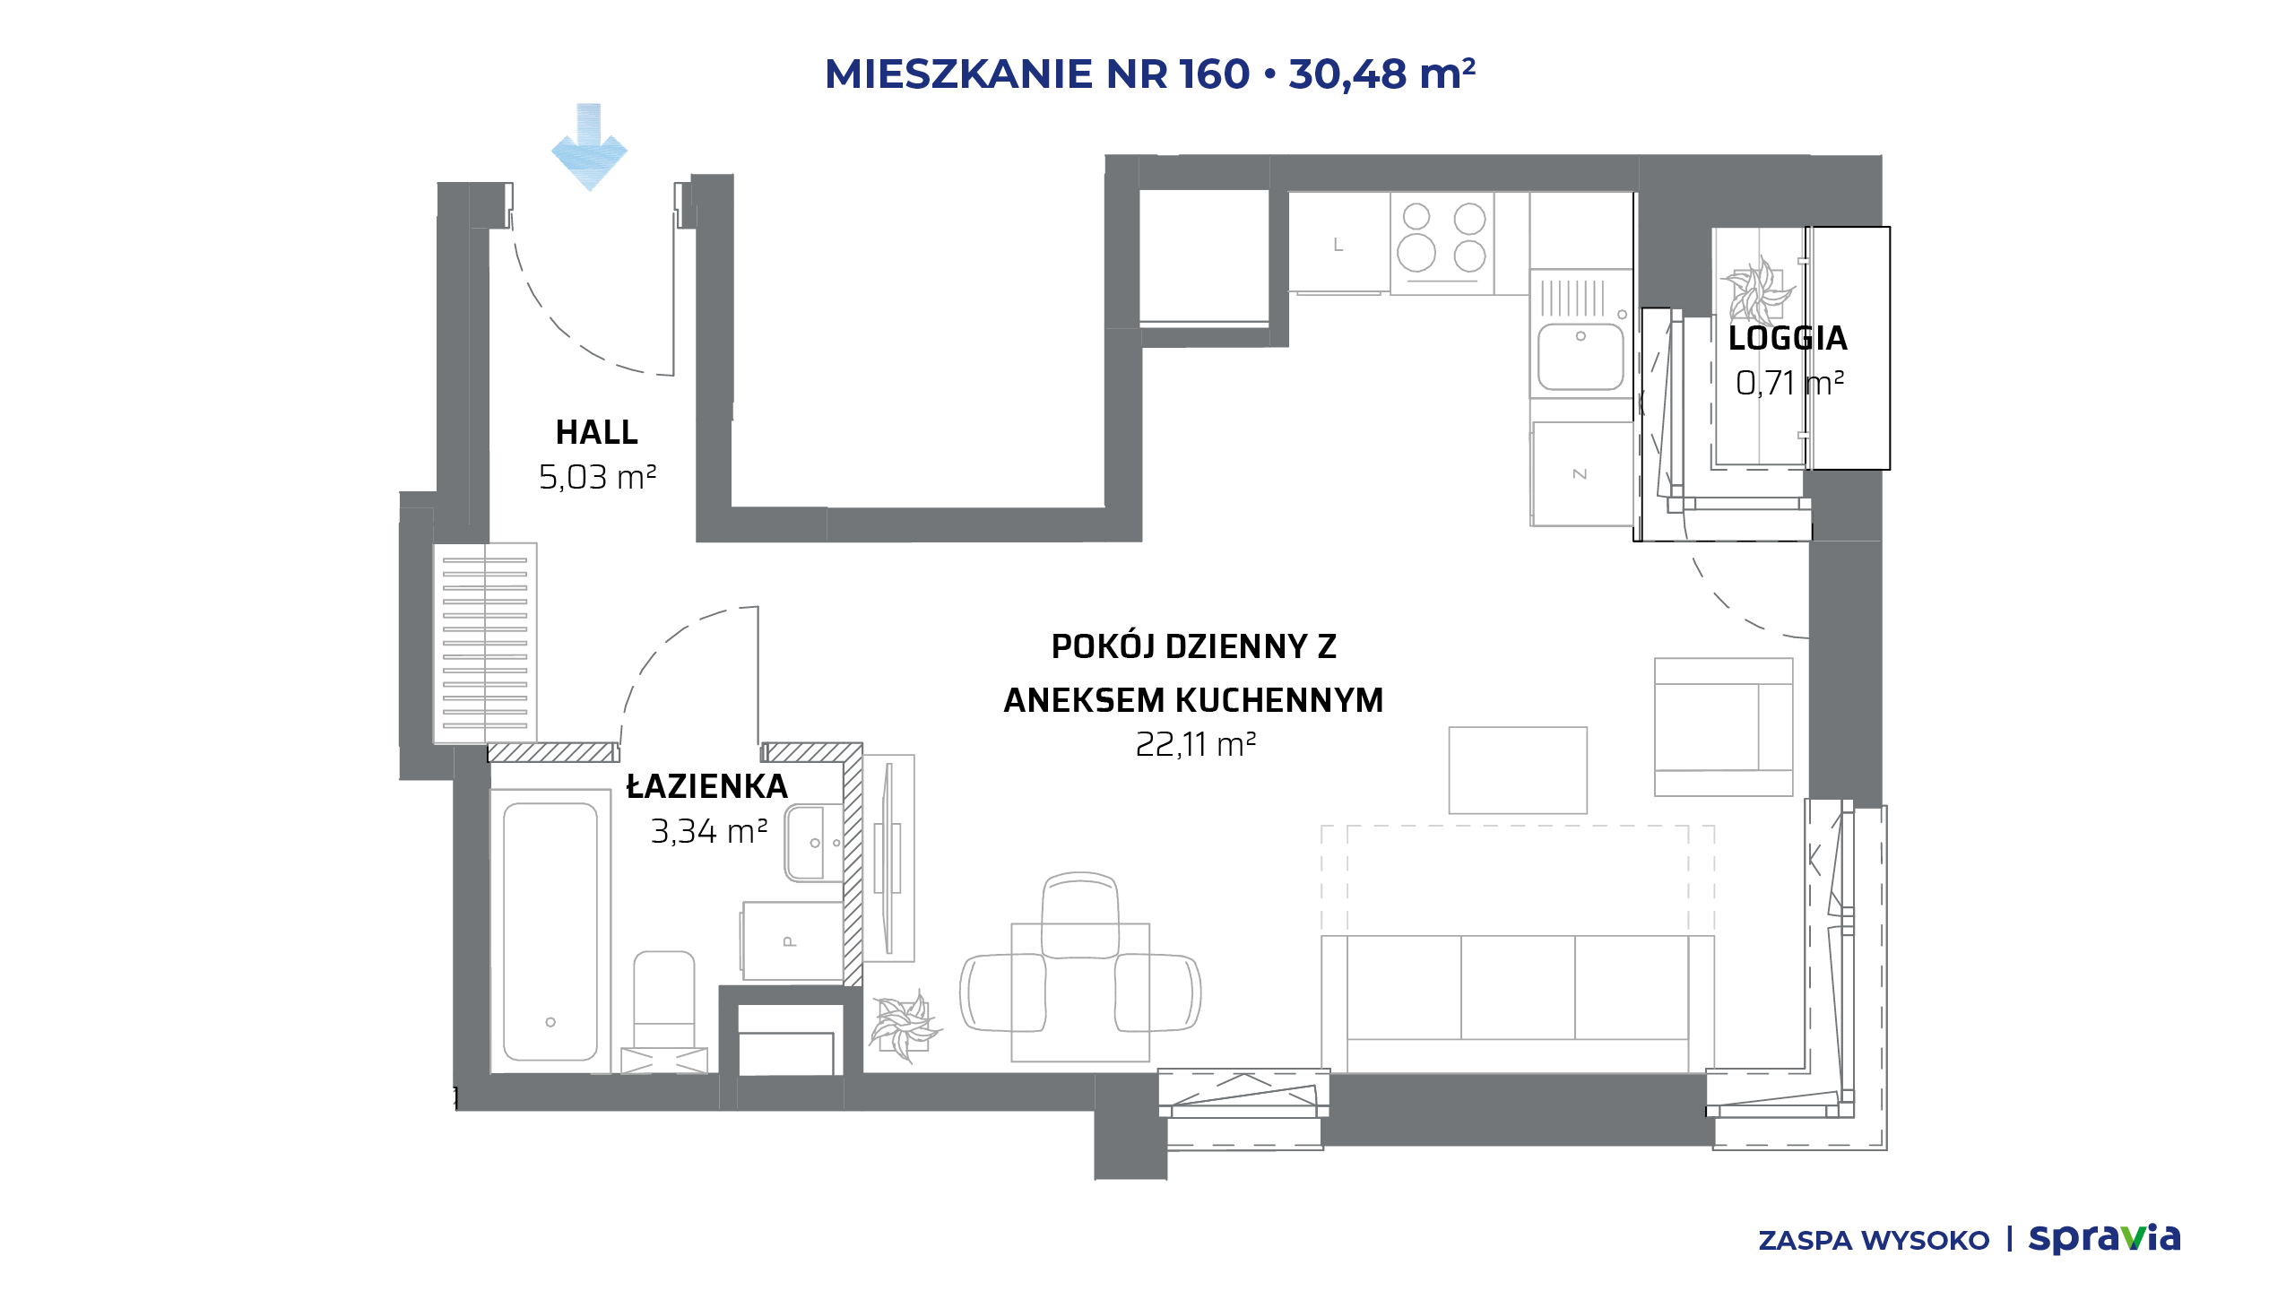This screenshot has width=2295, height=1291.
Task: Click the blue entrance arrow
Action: pos(589,148)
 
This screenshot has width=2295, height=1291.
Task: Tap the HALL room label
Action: pos(597,433)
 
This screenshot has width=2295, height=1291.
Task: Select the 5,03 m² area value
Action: pos(597,477)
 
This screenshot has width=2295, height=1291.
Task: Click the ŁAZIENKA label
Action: pos(706,786)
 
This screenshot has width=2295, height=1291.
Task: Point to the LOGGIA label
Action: pos(1788,338)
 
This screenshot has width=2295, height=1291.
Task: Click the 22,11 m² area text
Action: pos(1195,744)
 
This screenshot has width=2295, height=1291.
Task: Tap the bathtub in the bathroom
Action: pos(550,931)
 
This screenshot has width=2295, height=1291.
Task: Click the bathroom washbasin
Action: pos(814,843)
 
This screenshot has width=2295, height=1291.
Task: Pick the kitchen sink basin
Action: pos(1581,355)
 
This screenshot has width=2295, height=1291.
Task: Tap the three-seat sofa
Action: pos(1518,1003)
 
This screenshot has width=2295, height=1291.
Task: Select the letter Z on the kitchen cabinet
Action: pos(1580,473)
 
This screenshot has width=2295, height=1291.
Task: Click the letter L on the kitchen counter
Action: pos(1338,245)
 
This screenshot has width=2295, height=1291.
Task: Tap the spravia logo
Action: pos(2104,1239)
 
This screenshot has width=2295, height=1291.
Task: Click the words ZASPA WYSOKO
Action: pos(1874,1241)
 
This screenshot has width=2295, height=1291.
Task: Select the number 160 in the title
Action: pos(1215,74)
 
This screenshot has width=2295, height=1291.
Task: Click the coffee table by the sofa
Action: pos(1518,770)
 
